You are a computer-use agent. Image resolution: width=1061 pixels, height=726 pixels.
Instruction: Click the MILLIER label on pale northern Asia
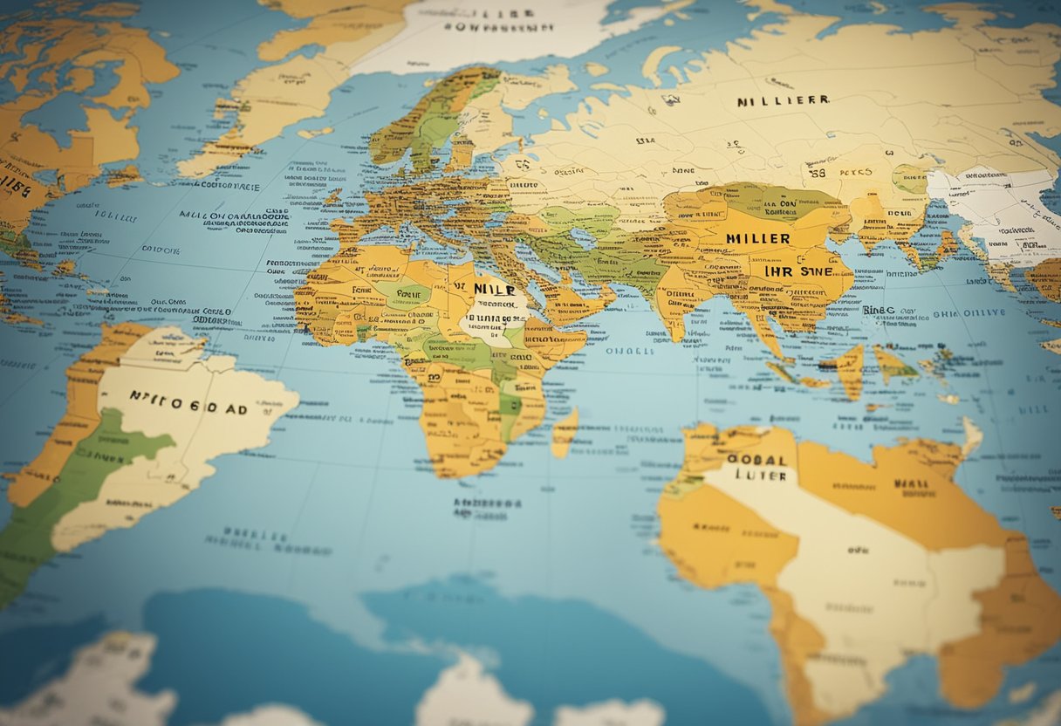click(782, 101)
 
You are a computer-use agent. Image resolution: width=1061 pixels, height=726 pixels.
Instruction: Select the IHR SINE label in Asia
click(795, 272)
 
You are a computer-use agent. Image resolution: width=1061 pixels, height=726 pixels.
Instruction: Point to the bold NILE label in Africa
click(493, 287)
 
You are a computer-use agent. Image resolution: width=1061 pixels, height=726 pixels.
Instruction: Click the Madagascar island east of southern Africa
click(565, 432)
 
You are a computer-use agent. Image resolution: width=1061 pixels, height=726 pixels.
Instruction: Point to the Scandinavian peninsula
click(428, 122)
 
